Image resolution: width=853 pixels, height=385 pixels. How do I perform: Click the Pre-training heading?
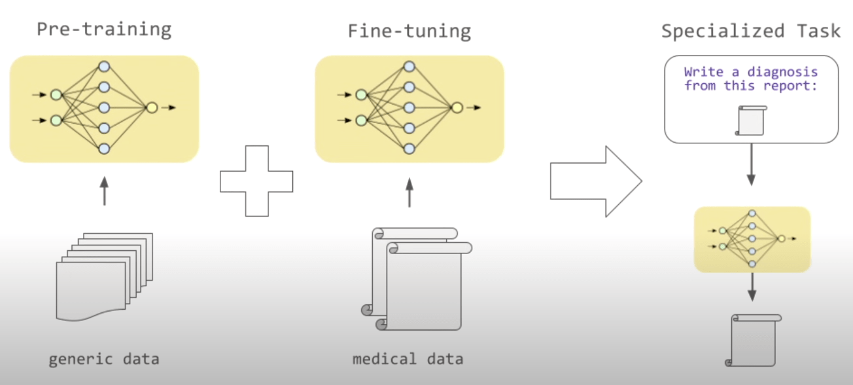click(x=104, y=29)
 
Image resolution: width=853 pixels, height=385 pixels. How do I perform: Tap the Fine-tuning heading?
click(x=409, y=31)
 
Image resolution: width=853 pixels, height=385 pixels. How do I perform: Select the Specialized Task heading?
click(x=751, y=31)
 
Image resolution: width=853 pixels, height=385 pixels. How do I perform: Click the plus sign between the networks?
click(x=256, y=181)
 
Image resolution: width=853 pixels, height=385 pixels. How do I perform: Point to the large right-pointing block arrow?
click(x=595, y=181)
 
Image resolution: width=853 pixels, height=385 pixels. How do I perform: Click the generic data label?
click(x=104, y=359)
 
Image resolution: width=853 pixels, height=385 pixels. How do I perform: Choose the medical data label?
click(x=408, y=359)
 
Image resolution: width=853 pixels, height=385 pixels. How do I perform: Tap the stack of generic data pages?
click(x=105, y=275)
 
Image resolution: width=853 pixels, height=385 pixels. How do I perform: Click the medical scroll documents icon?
click(x=416, y=278)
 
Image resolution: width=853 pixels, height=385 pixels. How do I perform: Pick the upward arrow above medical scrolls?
click(x=409, y=192)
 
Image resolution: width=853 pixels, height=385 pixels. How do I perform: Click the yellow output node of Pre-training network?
click(x=152, y=107)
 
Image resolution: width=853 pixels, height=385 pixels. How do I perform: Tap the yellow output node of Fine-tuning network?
click(x=457, y=107)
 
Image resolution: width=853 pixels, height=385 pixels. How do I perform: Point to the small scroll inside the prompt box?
click(x=751, y=121)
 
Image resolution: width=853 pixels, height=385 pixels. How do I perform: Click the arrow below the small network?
click(x=752, y=287)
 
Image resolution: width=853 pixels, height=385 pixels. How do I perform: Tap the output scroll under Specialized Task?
click(x=754, y=340)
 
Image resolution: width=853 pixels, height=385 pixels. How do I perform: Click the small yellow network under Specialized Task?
click(x=752, y=239)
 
